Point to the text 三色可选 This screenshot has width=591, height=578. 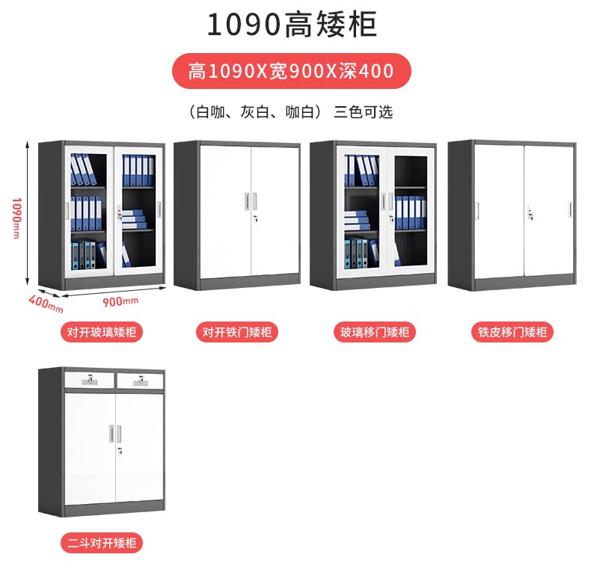364,112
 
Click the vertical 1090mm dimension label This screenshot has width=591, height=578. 16,217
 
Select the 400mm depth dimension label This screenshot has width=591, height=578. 46,303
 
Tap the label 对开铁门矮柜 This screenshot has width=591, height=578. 237,332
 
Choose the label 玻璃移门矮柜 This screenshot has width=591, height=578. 375,332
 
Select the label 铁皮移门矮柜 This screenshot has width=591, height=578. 512,332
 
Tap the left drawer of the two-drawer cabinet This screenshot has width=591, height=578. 89,381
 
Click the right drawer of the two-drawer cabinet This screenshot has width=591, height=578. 139,381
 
